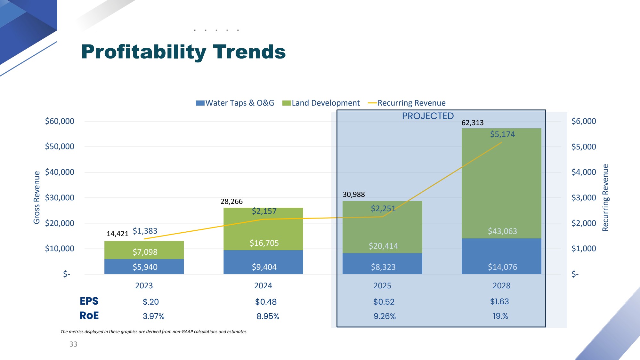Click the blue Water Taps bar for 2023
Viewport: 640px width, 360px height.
(144, 267)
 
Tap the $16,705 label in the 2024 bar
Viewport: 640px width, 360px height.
(264, 243)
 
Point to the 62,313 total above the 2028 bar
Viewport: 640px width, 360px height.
(473, 123)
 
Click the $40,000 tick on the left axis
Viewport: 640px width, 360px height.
(60, 172)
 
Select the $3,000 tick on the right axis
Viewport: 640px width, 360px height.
(584, 198)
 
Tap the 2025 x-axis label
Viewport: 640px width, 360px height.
(382, 286)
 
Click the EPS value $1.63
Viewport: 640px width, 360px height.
(499, 301)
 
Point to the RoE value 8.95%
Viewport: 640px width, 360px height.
(268, 316)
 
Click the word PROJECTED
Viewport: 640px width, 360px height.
(428, 116)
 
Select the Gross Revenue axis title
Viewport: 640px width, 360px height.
(37, 197)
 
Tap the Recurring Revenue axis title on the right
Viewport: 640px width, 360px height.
(605, 197)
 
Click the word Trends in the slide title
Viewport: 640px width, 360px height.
(249, 52)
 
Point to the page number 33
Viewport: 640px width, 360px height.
(73, 344)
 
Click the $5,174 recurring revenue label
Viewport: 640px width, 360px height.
(502, 134)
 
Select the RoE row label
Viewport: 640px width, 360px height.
(89, 316)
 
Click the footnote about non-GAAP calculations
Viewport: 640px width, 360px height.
(153, 332)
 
